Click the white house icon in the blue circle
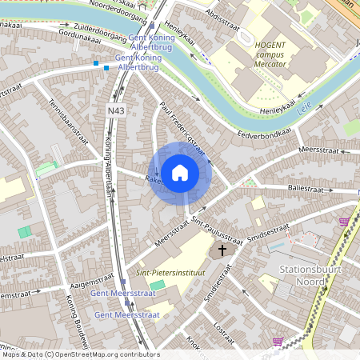pyautogui.click(x=180, y=173)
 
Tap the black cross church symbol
pyautogui.click(x=222, y=251)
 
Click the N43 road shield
pyautogui.click(x=114, y=110)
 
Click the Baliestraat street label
pyautogui.click(x=308, y=188)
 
